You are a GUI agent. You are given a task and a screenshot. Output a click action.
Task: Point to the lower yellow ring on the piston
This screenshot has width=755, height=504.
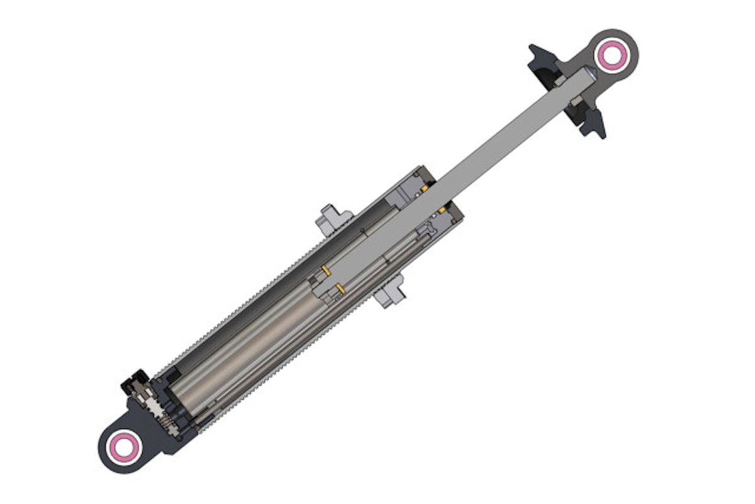pos(340,289)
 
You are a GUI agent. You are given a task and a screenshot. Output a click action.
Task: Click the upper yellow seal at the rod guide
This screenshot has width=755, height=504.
pos(425,187)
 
